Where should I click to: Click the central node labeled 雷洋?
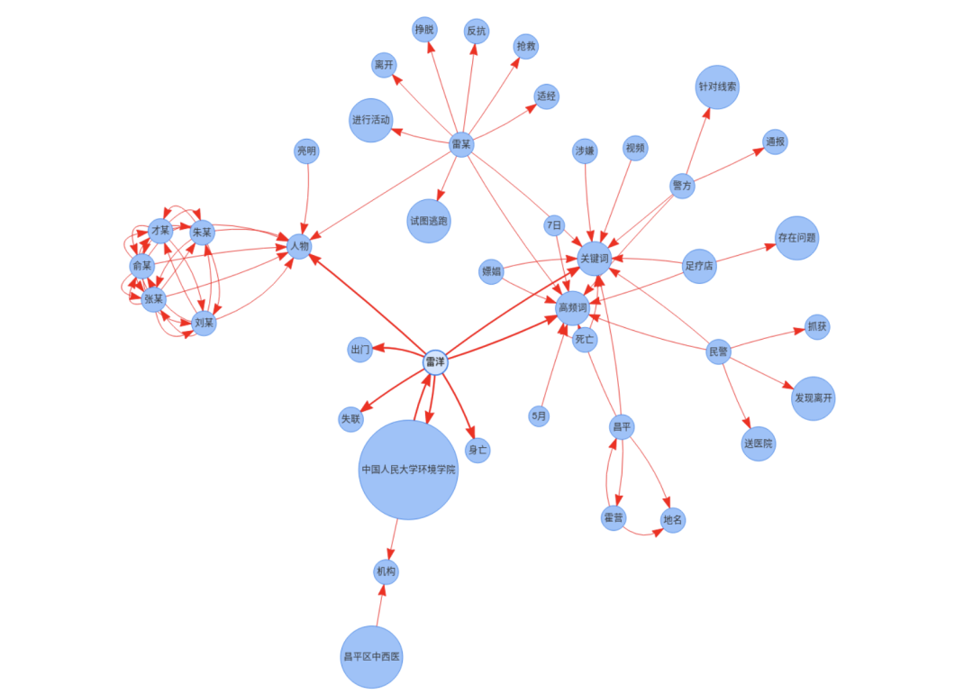(435, 362)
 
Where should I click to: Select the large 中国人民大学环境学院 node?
(408, 470)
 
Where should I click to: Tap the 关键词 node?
(595, 259)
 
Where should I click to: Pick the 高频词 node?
(573, 308)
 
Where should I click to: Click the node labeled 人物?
(299, 245)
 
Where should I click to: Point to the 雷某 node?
(461, 144)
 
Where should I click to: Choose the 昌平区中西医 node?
(371, 656)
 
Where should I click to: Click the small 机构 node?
(386, 571)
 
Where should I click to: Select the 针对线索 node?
(717, 87)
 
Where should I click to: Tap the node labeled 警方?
(682, 187)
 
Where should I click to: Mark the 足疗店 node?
(699, 266)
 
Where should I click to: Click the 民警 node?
(718, 352)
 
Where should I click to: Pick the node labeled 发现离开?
(814, 398)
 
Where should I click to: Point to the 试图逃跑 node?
(429, 221)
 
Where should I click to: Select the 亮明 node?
(306, 151)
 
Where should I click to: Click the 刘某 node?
(205, 323)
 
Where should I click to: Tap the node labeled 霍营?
(614, 518)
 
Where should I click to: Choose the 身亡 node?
(477, 450)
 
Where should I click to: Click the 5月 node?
(539, 416)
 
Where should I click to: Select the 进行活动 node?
(371, 120)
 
